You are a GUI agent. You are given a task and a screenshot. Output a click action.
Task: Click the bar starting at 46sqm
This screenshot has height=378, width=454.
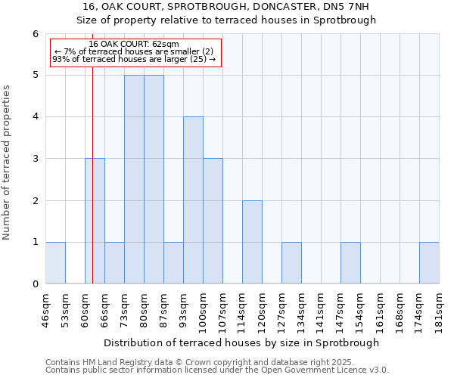[55, 263]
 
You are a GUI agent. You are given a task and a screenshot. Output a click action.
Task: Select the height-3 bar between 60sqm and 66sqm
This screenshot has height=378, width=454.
[95, 221]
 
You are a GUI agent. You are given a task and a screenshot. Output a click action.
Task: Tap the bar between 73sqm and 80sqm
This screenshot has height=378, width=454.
[134, 179]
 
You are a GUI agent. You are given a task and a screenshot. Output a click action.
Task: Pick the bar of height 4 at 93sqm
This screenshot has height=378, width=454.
[193, 200]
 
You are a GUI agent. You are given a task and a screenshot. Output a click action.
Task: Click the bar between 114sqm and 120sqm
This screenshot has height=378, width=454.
[252, 242]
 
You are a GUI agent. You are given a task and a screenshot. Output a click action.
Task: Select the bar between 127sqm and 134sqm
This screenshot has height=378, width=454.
[291, 263]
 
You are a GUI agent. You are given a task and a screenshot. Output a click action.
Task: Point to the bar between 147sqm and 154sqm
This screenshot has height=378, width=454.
[350, 263]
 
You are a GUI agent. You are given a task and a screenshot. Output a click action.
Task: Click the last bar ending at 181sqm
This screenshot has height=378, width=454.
[429, 263]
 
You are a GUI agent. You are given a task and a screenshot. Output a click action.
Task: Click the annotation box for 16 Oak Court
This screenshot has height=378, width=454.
[135, 51]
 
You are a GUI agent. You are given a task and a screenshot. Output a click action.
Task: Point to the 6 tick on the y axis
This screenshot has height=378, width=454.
[35, 33]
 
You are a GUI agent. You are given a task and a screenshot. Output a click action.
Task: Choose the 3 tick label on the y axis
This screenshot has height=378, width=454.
[35, 159]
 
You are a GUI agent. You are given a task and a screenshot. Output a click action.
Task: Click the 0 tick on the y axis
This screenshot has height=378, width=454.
[35, 283]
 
